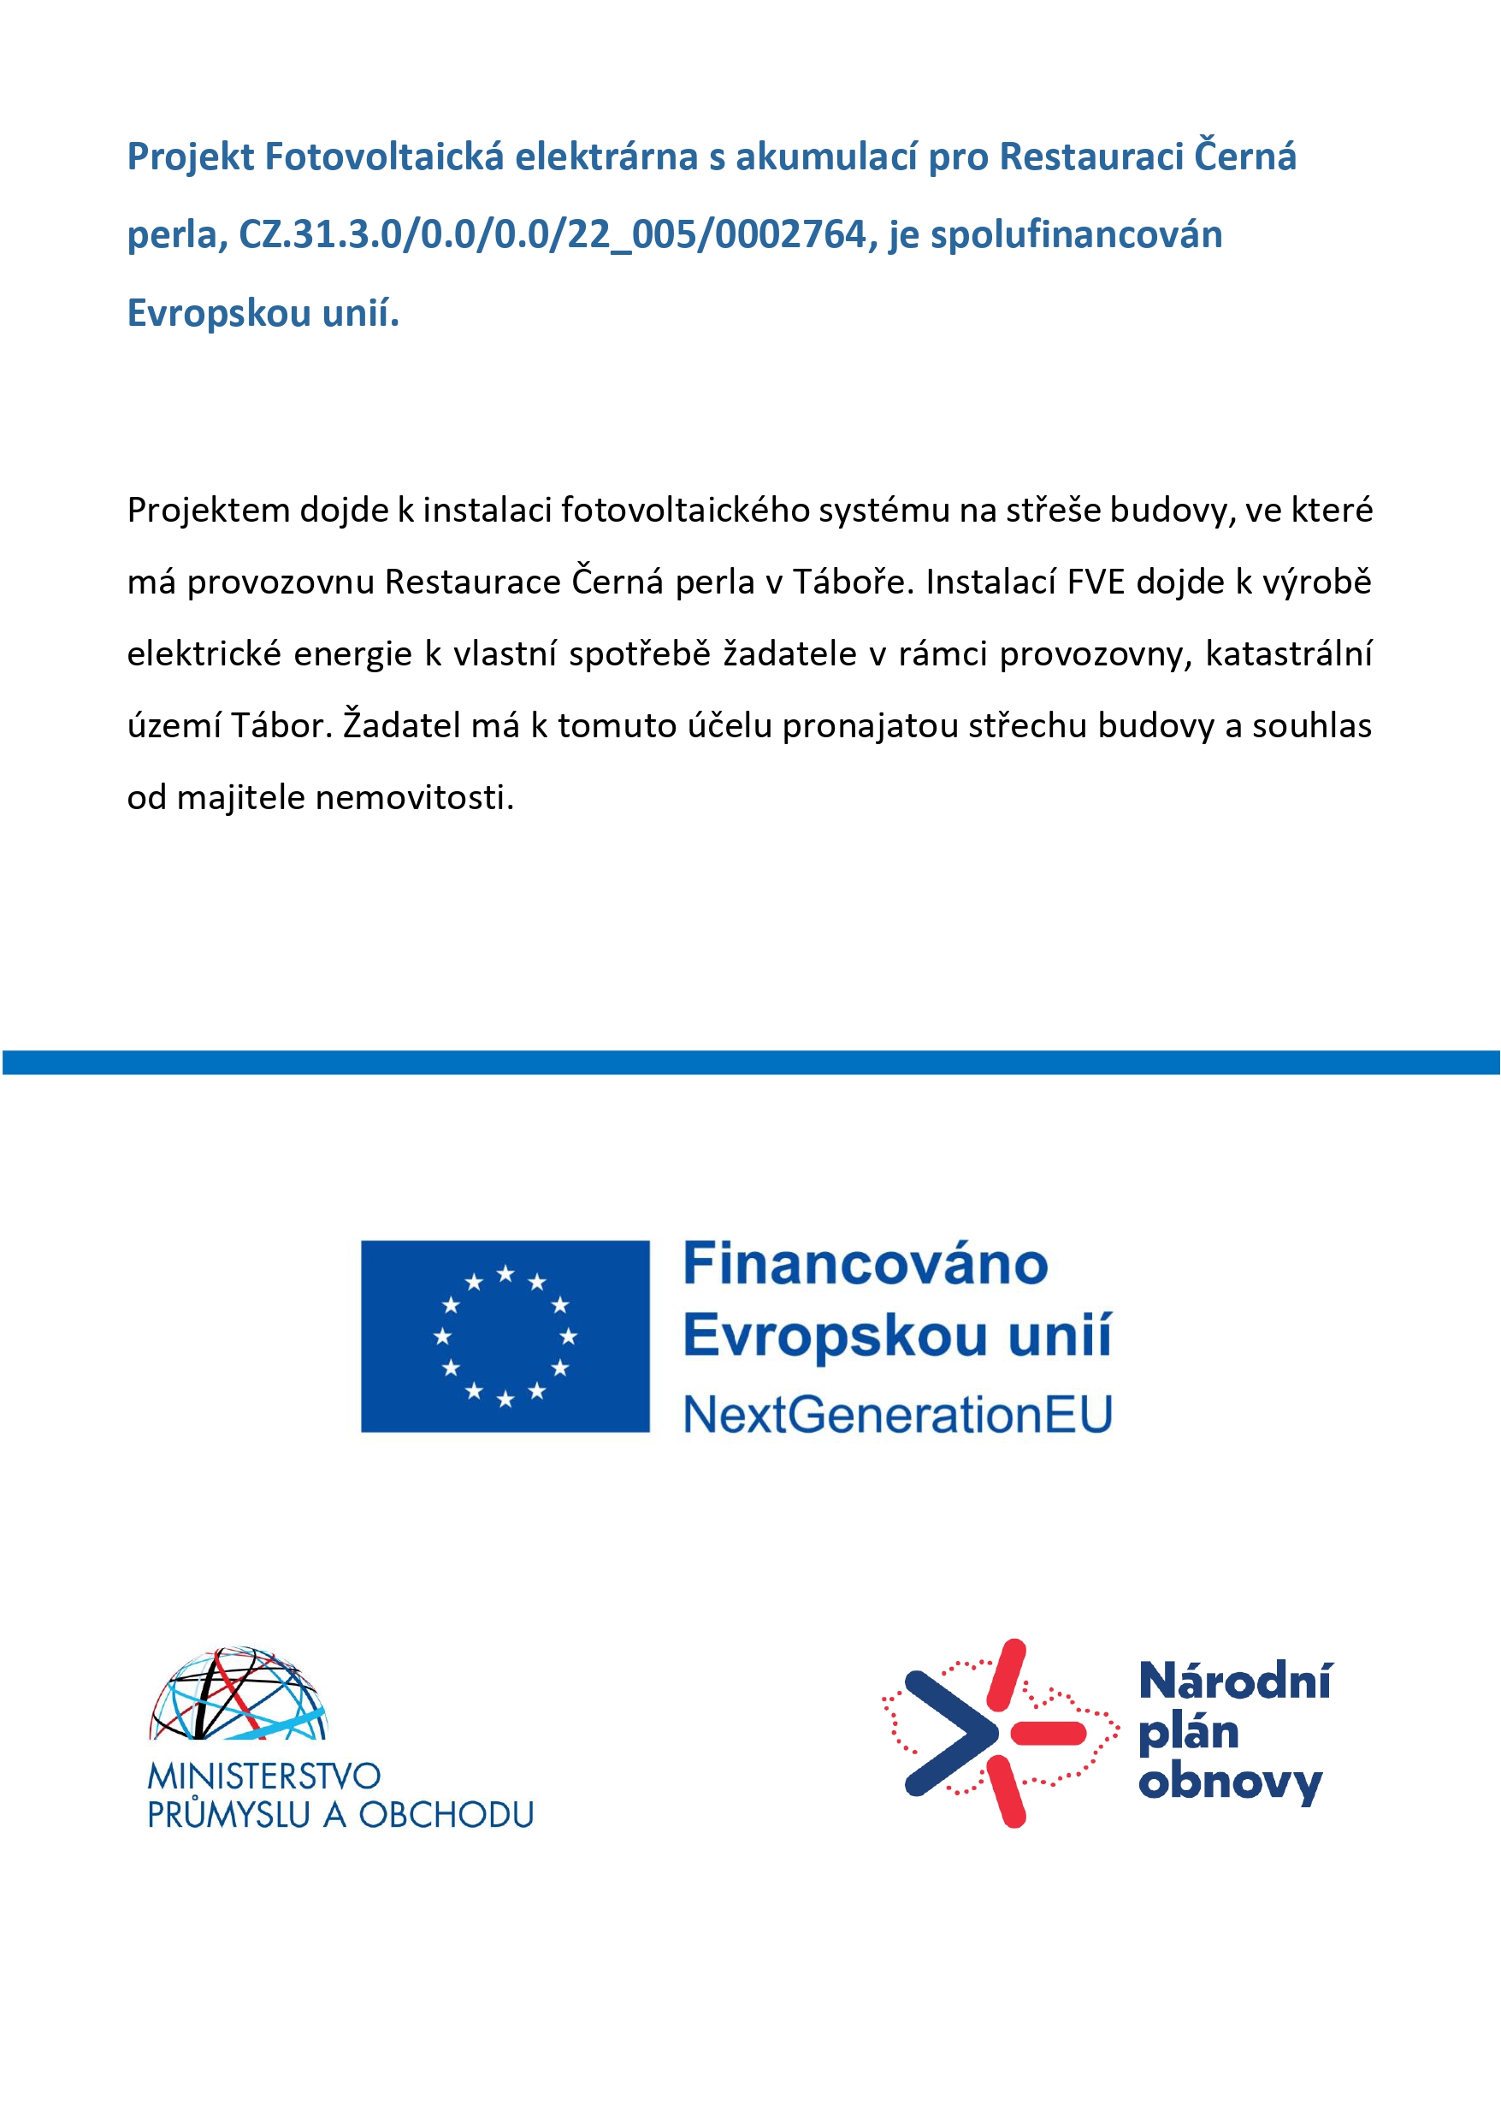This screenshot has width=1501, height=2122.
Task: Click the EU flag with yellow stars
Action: pyautogui.click(x=505, y=1337)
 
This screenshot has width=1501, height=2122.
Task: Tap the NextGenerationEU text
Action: pyautogui.click(x=897, y=1415)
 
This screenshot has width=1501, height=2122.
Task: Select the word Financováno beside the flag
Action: pyautogui.click(x=866, y=1264)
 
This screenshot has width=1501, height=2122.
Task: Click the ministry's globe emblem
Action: pyautogui.click(x=239, y=1694)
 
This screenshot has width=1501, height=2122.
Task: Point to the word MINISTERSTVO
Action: pyautogui.click(x=264, y=1776)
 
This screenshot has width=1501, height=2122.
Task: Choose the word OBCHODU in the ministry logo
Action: pyautogui.click(x=446, y=1815)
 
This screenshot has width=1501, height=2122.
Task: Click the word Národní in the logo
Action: pyautogui.click(x=1235, y=1682)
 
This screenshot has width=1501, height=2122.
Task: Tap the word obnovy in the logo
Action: pyautogui.click(x=1230, y=1782)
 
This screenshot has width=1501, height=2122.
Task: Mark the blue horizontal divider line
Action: pyautogui.click(x=751, y=1062)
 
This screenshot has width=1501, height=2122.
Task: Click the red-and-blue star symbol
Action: pyautogui.click(x=999, y=1734)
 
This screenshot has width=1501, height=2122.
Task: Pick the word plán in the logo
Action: pyautogui.click(x=1189, y=1733)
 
